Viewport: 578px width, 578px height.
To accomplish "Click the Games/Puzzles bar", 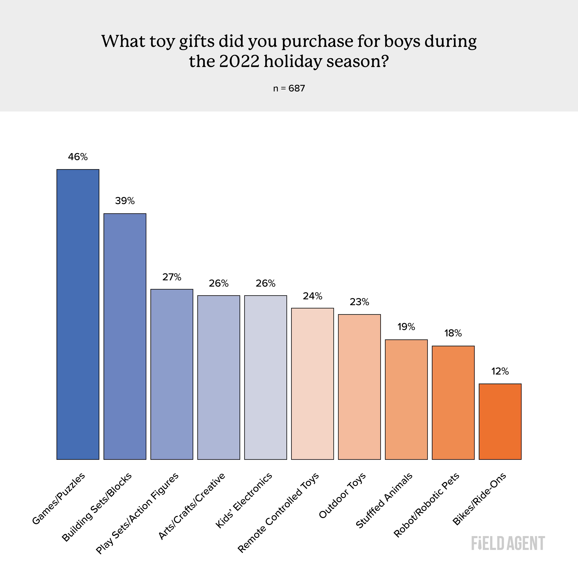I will pyautogui.click(x=78, y=314).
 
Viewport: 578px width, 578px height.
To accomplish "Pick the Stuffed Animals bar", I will pyautogui.click(x=406, y=399).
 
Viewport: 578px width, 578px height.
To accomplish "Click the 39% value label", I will pyautogui.click(x=125, y=201).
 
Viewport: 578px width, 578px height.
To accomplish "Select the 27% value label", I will pyautogui.click(x=172, y=277).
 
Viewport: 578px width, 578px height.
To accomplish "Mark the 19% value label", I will pyautogui.click(x=406, y=327).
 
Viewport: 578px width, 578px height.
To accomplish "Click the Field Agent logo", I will pyautogui.click(x=508, y=543).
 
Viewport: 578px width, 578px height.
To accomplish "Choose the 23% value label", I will pyautogui.click(x=359, y=302).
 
